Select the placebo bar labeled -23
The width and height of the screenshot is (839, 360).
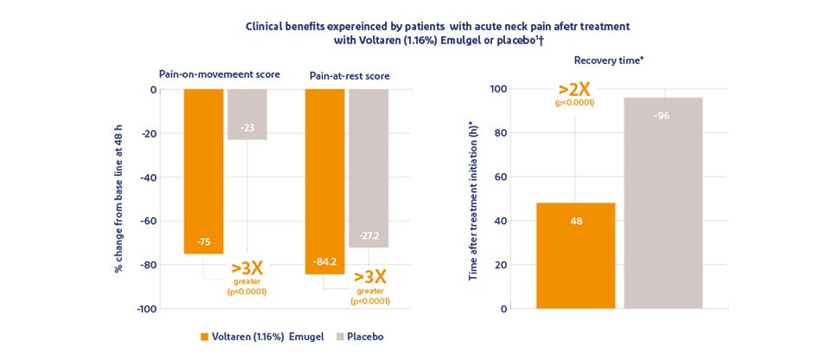(x=247, y=114)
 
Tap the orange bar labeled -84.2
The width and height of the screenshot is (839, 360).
(x=324, y=181)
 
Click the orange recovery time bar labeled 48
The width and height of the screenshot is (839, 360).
(x=575, y=255)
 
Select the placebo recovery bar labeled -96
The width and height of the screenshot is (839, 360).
(x=663, y=202)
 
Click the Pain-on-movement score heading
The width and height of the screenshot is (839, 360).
(x=219, y=74)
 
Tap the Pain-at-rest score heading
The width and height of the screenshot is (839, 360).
(x=349, y=76)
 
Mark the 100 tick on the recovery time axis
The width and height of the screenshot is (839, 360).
(x=498, y=89)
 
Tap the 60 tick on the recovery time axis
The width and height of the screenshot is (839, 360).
(x=501, y=177)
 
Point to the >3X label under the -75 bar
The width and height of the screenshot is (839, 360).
(x=247, y=268)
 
